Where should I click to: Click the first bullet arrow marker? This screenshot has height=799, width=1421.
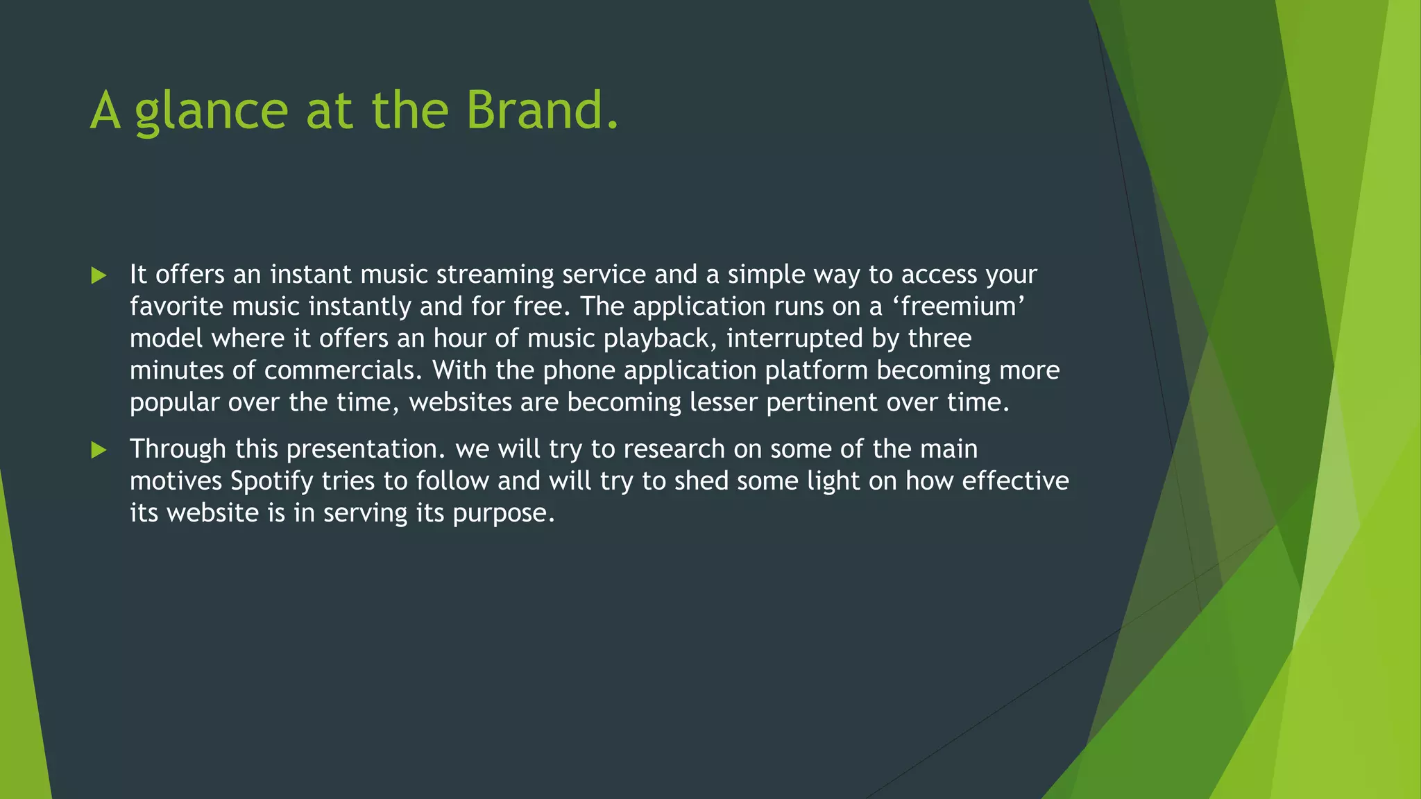click(99, 276)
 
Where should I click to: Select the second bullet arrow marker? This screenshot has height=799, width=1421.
click(99, 450)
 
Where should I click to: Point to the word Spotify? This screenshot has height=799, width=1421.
click(271, 481)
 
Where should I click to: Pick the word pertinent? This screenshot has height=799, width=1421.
click(822, 403)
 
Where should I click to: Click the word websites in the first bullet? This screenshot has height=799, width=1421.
click(460, 402)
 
